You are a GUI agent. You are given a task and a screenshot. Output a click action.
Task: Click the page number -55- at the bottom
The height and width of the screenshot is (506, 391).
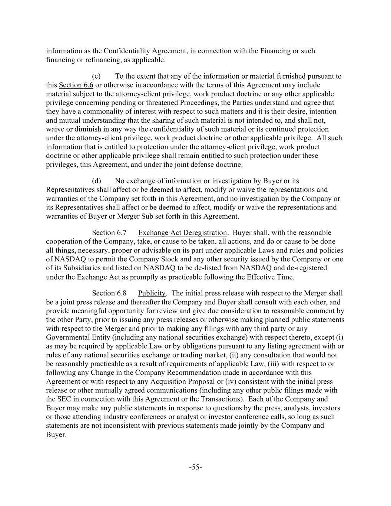coord(195,467)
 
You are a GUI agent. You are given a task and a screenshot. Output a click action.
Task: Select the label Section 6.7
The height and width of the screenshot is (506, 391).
coord(109,233)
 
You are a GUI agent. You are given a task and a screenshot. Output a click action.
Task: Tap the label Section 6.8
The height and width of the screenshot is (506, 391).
coord(109,293)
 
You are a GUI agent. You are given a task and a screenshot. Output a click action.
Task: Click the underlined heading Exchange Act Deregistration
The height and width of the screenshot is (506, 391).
coord(182,233)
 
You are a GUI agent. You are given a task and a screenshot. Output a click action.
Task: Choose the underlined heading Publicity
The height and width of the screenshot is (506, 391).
coord(152,293)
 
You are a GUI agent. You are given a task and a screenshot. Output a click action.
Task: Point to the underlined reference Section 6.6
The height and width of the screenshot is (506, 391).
coord(76,85)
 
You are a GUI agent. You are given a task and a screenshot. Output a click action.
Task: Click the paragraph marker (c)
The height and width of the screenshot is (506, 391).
coord(96,76)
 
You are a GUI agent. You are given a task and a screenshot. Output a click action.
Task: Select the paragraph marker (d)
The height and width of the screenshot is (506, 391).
coord(96,181)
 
